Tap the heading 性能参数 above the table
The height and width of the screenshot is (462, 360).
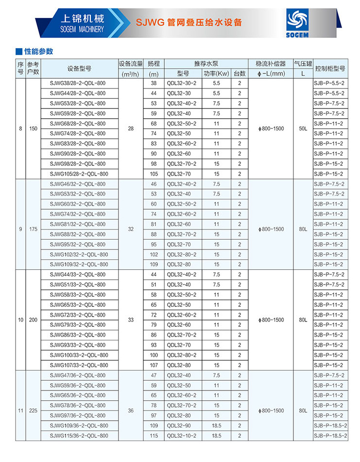(38, 52)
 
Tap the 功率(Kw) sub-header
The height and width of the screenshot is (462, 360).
(216, 73)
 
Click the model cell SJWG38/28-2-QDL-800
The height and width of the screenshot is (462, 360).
(78, 83)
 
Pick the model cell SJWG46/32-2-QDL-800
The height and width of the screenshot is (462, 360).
(78, 184)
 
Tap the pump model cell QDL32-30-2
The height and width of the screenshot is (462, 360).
(182, 83)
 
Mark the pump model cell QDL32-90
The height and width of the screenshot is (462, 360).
(178, 426)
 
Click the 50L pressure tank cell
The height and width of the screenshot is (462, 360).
(303, 128)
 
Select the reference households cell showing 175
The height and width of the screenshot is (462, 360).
(33, 229)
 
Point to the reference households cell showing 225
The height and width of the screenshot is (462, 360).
(33, 410)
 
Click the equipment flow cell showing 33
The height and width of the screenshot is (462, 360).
(131, 320)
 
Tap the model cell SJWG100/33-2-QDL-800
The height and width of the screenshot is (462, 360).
(79, 355)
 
